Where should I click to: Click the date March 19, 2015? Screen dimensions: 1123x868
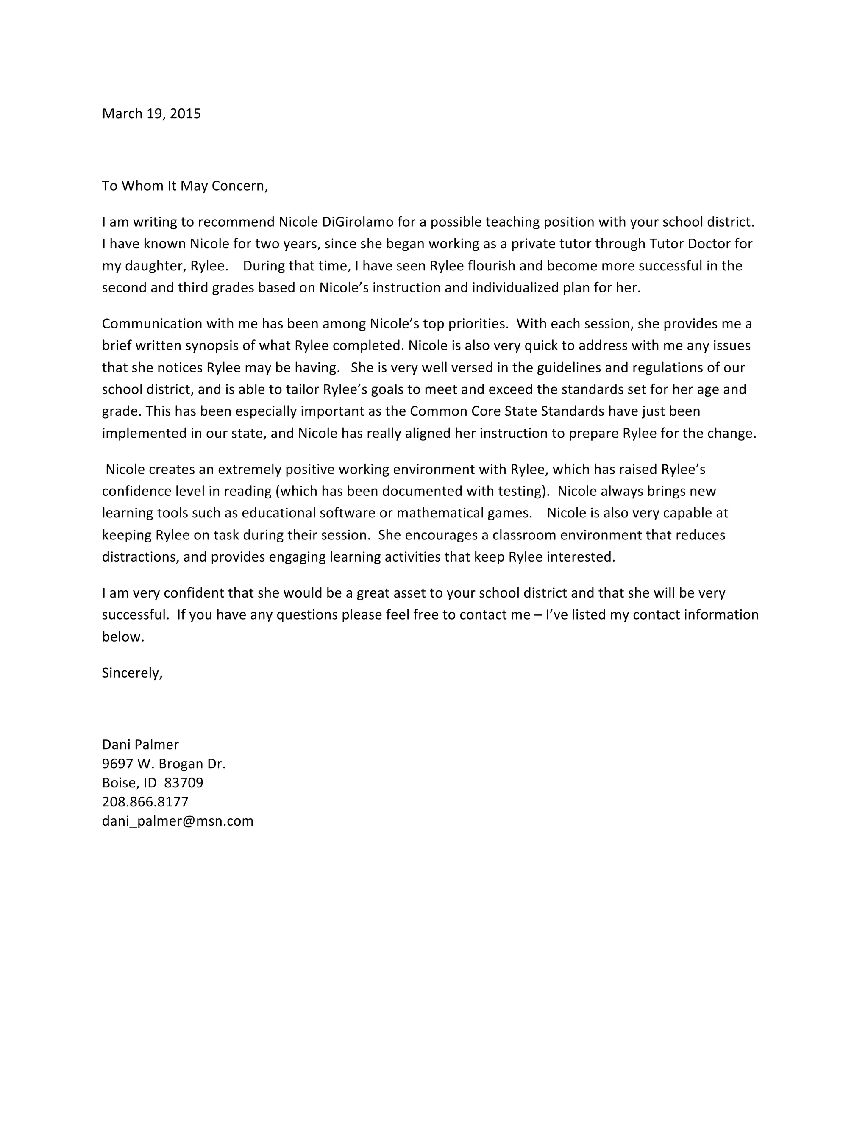click(151, 114)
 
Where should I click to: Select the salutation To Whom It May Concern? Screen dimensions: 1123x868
click(185, 186)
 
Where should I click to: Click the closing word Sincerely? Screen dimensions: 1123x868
click(132, 673)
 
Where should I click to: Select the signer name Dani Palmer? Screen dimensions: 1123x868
click(140, 745)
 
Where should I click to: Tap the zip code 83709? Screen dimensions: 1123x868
click(184, 783)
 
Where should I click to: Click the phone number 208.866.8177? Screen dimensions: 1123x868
click(145, 802)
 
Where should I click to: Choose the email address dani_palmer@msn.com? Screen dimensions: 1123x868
click(178, 821)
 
